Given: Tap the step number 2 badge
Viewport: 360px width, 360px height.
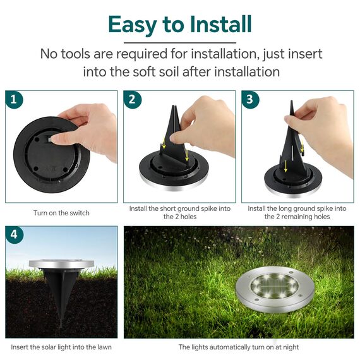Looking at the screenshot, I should pos(132,99).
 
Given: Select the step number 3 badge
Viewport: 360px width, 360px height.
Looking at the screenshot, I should pos(249,99).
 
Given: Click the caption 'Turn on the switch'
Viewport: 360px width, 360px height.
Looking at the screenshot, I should pos(61,213).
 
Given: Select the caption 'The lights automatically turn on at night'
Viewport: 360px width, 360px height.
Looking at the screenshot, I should pos(239,347).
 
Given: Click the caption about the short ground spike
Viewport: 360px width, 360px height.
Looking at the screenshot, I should pos(179,212).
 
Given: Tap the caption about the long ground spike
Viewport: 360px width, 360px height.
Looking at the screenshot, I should pos(297,212).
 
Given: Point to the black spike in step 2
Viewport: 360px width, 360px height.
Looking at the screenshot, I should pos(176,136).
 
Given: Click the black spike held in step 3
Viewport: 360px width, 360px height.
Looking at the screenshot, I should pos(294,145).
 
